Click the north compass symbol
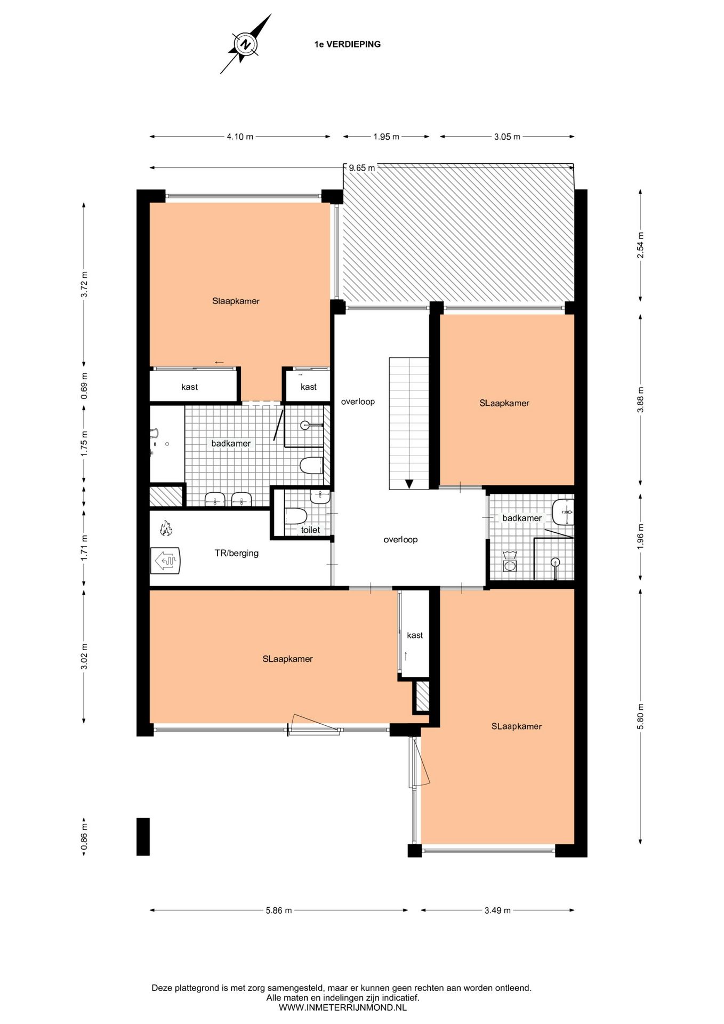245,44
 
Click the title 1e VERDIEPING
347,44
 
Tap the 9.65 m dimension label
361,168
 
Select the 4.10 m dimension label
240,137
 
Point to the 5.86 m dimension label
279,910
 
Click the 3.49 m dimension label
497,910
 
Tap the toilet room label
310,530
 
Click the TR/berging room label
237,553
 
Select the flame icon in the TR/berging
166,529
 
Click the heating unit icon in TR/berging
166,561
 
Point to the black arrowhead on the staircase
409,484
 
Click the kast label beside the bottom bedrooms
415,635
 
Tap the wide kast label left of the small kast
190,387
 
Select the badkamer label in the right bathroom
522,518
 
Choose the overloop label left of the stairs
358,402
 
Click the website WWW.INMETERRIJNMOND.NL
342,1007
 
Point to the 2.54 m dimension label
640,245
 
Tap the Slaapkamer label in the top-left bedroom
236,301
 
